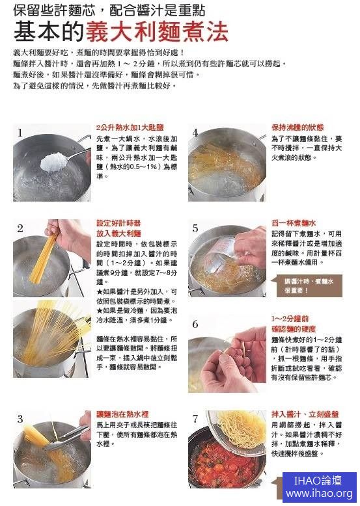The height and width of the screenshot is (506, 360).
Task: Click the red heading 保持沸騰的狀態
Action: (298, 127)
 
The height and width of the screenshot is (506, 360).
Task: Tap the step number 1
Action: (20, 133)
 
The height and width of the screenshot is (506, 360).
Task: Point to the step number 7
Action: (195, 419)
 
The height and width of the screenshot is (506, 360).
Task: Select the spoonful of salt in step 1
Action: (53, 162)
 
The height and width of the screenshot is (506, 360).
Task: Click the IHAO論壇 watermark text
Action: (318, 481)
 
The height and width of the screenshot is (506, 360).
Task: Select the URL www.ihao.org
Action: (319, 494)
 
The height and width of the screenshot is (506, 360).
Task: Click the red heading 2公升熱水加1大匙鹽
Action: (130, 127)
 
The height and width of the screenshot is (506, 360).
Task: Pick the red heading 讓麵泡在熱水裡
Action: (122, 414)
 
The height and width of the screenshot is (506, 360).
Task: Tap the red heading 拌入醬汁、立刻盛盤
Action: (305, 414)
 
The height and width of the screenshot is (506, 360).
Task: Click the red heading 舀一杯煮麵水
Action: (294, 223)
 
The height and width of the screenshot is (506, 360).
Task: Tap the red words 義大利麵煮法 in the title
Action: (158, 32)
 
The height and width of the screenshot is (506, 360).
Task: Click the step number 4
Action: (195, 133)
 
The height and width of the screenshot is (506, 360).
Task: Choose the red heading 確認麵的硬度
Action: (294, 329)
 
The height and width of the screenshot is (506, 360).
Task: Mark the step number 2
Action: (20, 228)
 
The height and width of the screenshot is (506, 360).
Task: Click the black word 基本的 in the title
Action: (49, 32)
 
